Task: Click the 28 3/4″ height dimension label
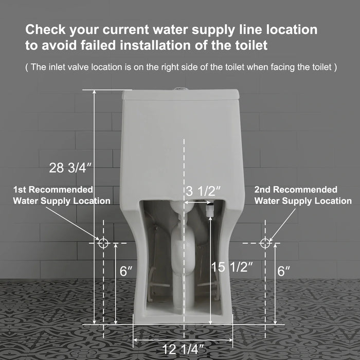71,167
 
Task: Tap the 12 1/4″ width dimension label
184,350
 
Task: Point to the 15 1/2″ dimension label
232,267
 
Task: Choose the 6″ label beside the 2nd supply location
284,271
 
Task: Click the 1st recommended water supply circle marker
103,243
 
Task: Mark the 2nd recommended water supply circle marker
264,242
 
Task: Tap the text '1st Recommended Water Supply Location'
62,195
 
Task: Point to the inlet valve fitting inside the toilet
209,211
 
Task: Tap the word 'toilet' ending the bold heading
250,45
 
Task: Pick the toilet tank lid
180,95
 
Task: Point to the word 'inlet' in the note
53,67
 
